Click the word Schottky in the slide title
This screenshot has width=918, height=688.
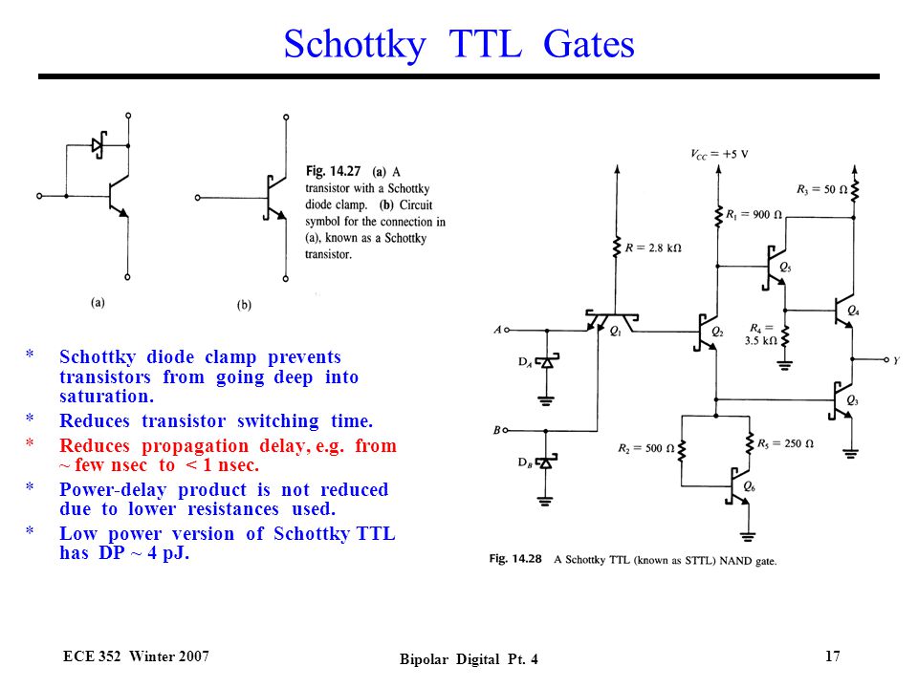(x=355, y=45)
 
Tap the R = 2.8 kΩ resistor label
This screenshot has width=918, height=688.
(x=653, y=247)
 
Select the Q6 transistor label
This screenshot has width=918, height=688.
(x=749, y=486)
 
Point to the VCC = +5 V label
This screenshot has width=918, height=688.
(x=719, y=155)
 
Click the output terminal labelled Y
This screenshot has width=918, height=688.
(x=886, y=360)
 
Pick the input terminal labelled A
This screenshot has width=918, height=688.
(x=507, y=330)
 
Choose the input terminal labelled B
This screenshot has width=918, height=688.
(x=506, y=431)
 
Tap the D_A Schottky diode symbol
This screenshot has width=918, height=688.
(x=547, y=361)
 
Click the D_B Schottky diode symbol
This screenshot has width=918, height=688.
(x=546, y=462)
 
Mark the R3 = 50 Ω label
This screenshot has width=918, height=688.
(x=821, y=189)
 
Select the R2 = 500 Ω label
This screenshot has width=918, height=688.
(x=645, y=448)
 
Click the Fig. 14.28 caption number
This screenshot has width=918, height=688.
(x=515, y=559)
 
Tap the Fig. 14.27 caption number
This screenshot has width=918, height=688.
(x=333, y=171)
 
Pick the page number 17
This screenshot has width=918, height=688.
(x=833, y=656)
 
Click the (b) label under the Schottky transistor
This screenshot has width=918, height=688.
(x=244, y=305)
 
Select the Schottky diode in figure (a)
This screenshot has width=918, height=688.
(x=98, y=145)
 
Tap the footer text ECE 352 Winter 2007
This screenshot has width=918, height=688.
(x=136, y=656)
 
